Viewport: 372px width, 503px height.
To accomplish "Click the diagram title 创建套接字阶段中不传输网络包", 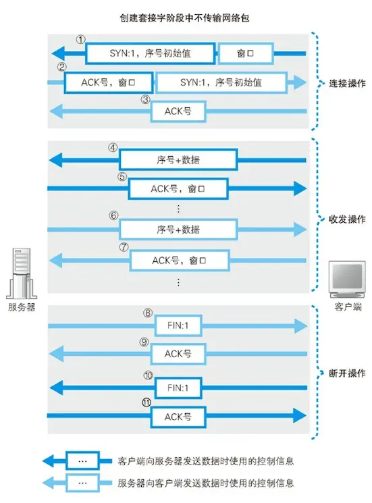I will click(186, 13).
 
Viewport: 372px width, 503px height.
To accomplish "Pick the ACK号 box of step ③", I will click(178, 111).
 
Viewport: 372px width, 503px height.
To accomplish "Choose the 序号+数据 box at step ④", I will click(178, 160).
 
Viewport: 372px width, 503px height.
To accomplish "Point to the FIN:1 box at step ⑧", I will click(178, 325).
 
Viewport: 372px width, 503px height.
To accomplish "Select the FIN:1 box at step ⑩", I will click(178, 388).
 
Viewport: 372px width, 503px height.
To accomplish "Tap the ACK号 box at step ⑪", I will click(178, 417).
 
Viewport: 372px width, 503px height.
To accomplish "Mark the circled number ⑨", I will click(144, 342).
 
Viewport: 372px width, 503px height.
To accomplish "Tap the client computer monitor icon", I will click(346, 278).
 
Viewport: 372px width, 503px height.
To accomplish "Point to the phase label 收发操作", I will click(347, 219).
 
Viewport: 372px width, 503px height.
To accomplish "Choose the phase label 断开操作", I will click(347, 373).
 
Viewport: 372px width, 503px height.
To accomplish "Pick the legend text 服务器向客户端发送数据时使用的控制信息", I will click(206, 483).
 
